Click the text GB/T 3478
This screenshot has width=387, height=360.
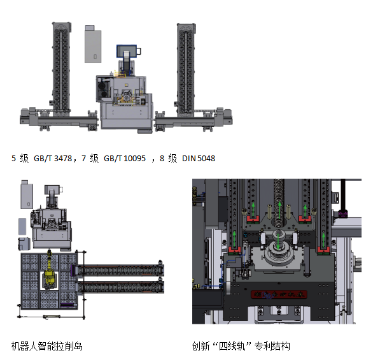(53, 159)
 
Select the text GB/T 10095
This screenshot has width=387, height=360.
(125, 159)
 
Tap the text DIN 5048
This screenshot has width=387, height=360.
(199, 159)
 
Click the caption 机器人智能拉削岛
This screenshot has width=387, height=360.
(46, 346)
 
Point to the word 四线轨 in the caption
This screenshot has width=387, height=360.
(232, 346)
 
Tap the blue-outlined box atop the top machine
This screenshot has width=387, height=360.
(127, 52)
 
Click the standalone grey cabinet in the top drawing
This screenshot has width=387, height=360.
(93, 44)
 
